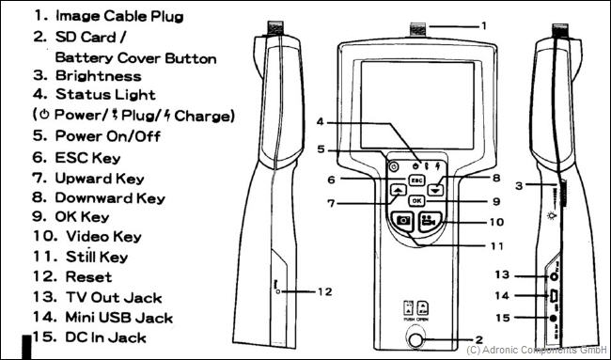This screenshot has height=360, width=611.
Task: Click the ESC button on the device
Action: pyautogui.click(x=416, y=179)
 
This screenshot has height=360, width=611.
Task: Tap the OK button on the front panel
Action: pyautogui.click(x=416, y=200)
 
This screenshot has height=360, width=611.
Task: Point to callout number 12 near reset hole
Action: pyautogui.click(x=323, y=292)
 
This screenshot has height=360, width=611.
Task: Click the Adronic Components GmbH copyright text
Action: pyautogui.click(x=536, y=350)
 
